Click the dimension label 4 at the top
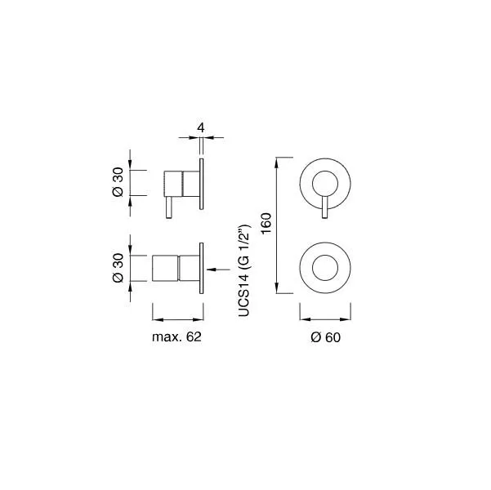(x=201, y=127)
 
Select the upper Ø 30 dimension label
(x=118, y=182)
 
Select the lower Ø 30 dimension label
(x=118, y=268)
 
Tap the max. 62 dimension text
(x=176, y=337)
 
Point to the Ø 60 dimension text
(x=325, y=337)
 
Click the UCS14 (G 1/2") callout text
(x=244, y=270)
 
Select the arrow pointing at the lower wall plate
(x=218, y=269)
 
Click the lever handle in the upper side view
(x=169, y=207)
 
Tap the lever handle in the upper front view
(x=325, y=207)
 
